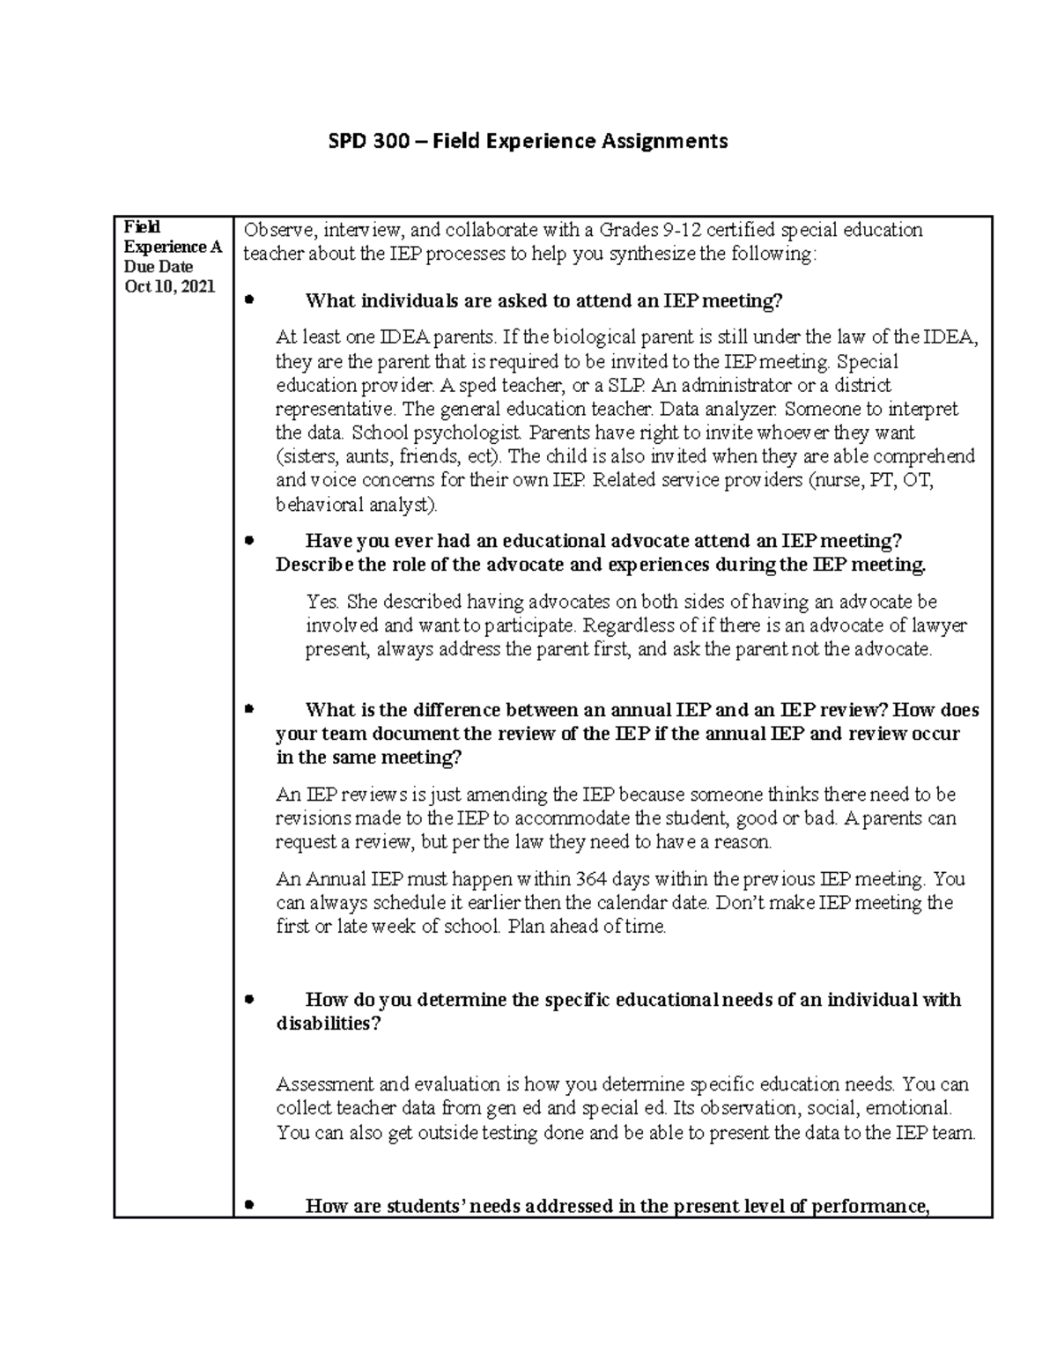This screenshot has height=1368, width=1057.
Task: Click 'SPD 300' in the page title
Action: (x=360, y=141)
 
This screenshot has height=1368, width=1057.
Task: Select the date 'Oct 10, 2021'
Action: (x=169, y=286)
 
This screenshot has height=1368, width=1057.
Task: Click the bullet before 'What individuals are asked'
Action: (x=249, y=300)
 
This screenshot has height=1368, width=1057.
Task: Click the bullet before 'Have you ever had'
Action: (x=249, y=540)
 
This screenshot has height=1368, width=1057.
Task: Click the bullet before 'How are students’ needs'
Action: (x=249, y=1205)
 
